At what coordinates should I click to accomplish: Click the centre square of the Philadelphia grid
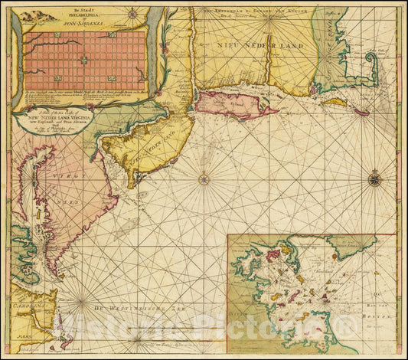pyautogui.click(x=84, y=60)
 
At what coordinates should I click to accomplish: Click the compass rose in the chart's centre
pyautogui.click(x=204, y=180)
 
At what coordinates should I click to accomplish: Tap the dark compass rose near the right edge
pyautogui.click(x=374, y=180)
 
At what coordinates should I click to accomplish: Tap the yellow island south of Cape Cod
pyautogui.click(x=334, y=101)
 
